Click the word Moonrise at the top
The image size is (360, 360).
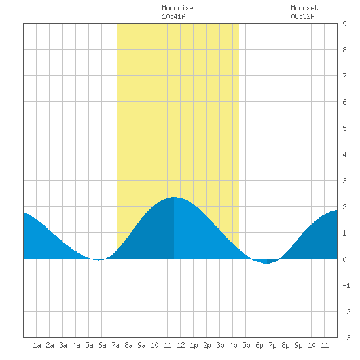click(177, 8)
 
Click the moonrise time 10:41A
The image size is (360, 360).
click(173, 16)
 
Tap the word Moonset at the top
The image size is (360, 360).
click(304, 8)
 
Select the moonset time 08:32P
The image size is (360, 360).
click(302, 16)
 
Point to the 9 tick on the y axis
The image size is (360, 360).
click(344, 24)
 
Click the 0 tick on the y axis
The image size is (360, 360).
click(344, 259)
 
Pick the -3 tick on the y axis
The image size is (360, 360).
click(346, 338)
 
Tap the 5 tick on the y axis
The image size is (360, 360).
click(344, 128)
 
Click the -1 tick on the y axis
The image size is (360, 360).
click(346, 285)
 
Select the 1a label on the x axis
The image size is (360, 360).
click(37, 345)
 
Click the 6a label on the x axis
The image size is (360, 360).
click(102, 345)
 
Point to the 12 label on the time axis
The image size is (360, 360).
click(181, 345)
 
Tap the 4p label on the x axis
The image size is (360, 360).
click(233, 345)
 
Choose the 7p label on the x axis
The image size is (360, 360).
click(272, 345)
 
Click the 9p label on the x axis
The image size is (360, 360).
click(298, 345)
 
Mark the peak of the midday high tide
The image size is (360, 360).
click(174, 197)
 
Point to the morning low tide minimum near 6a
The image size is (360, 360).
click(99, 259)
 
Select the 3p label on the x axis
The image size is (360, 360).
click(220, 345)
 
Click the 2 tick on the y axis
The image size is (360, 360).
click(344, 207)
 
